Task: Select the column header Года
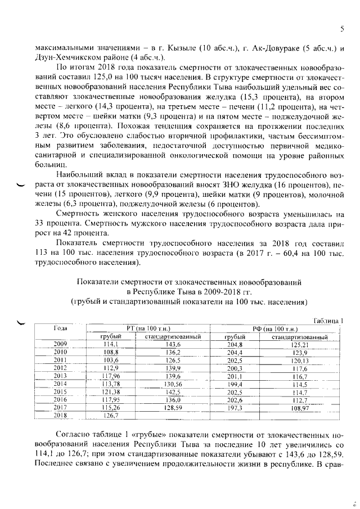click(x=60, y=327)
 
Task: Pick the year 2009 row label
click(x=60, y=344)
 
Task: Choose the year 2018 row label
click(x=60, y=415)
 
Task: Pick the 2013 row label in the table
click(x=60, y=375)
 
